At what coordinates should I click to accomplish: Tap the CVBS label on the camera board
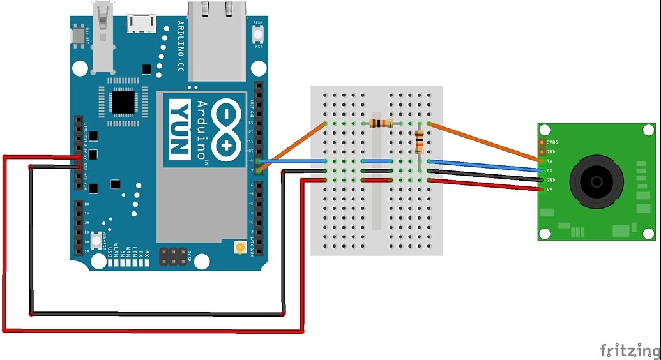click(552, 142)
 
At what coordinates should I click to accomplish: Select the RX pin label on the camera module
click(549, 161)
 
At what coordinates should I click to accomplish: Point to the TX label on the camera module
click(549, 171)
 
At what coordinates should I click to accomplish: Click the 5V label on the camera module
click(549, 190)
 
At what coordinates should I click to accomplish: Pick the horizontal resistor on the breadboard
click(381, 123)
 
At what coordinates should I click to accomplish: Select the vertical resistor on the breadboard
click(419, 142)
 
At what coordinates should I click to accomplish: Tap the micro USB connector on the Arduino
click(142, 23)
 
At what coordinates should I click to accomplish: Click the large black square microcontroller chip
click(123, 101)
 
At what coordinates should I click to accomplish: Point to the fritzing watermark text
click(629, 350)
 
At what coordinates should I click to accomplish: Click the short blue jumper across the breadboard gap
click(377, 161)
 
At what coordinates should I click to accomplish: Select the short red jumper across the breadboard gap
click(377, 181)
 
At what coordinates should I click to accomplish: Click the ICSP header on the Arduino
click(172, 257)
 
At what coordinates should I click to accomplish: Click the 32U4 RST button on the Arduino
click(259, 34)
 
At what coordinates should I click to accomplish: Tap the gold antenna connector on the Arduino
click(240, 247)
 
